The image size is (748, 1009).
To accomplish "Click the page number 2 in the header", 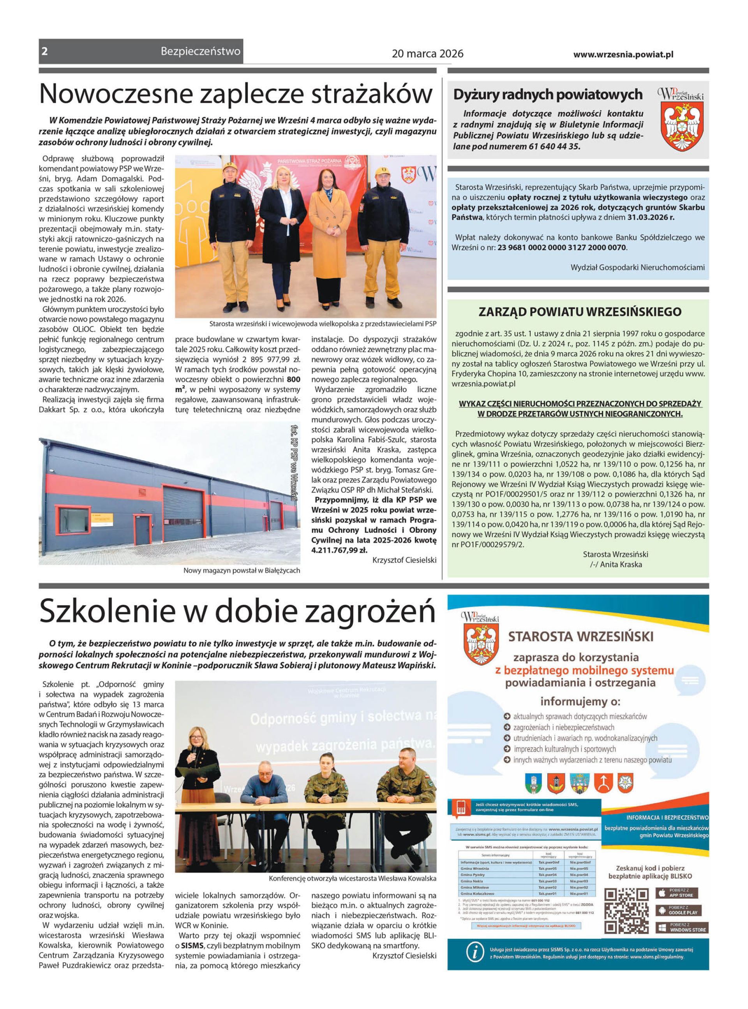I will [x=44, y=51].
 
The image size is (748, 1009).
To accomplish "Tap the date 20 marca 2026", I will [x=427, y=54].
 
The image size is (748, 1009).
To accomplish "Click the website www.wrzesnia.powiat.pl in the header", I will [x=623, y=54].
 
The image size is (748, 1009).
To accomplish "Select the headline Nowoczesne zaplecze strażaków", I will [x=235, y=94].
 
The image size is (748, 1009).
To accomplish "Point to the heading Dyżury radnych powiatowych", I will [x=548, y=95].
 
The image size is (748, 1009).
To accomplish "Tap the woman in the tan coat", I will [x=329, y=238].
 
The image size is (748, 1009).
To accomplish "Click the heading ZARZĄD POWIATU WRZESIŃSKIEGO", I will [x=580, y=312].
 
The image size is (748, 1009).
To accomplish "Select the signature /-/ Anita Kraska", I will [x=616, y=564].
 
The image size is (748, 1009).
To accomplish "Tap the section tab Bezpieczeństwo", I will [x=200, y=51].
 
